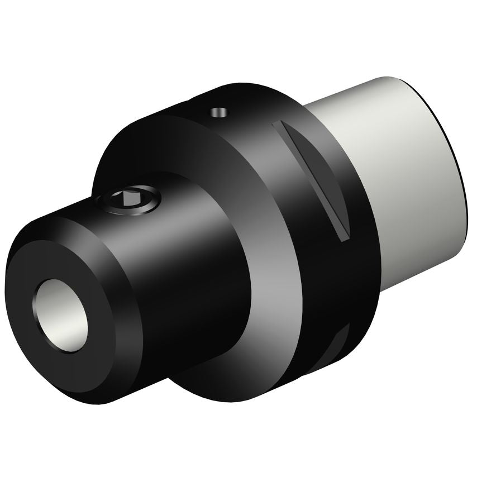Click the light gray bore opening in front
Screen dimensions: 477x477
click(63, 315)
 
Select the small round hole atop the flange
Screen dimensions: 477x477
click(219, 112)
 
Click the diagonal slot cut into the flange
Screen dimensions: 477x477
click(313, 179)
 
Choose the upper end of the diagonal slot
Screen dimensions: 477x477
click(279, 126)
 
